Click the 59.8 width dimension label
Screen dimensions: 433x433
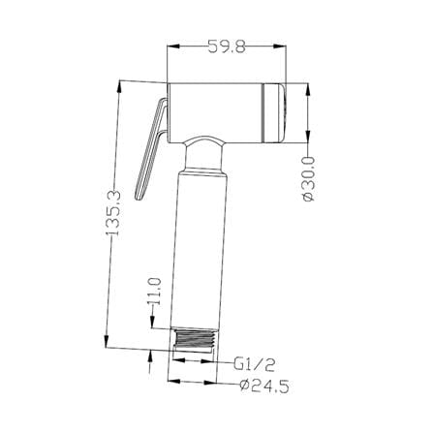pyautogui.click(x=227, y=46)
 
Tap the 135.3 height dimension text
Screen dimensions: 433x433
pyautogui.click(x=113, y=213)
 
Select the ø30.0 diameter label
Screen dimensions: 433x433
pyautogui.click(x=308, y=178)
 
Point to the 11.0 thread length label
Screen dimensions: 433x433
pyautogui.click(x=155, y=291)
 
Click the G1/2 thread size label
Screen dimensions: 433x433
pyautogui.click(x=255, y=365)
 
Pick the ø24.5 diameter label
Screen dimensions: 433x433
pyautogui.click(x=264, y=387)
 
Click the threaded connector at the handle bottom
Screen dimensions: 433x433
pyautogui.click(x=194, y=338)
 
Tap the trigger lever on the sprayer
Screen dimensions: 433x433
pyautogui.click(x=151, y=149)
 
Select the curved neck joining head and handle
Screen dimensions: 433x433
pyautogui.click(x=205, y=154)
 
